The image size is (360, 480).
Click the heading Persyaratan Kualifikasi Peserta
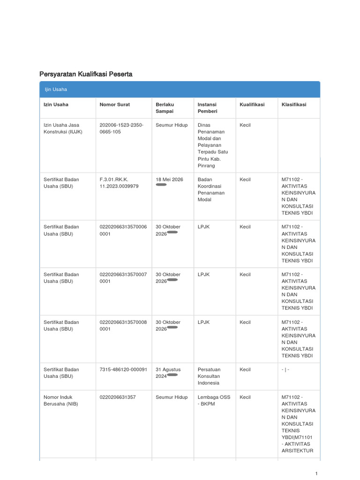pyautogui.click(x=86, y=74)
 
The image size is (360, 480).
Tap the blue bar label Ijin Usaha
pyautogui.click(x=56, y=90)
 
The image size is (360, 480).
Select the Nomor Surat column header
pyautogui.click(x=115, y=105)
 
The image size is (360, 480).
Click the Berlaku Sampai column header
pyautogui.click(x=165, y=108)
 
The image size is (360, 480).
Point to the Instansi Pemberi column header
pyautogui.click(x=207, y=108)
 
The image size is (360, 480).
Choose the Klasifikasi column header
pyautogui.click(x=294, y=105)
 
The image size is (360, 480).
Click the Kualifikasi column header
pyautogui.click(x=252, y=105)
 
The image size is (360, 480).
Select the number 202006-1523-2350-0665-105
pyautogui.click(x=121, y=128)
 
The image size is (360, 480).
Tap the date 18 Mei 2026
pyautogui.click(x=169, y=180)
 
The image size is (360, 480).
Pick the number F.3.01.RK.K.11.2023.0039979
pyautogui.click(x=119, y=183)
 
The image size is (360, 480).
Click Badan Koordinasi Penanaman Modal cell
pyautogui.click(x=211, y=189)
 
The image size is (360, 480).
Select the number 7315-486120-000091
pyautogui.click(x=123, y=369)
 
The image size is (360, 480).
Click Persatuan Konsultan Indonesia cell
pyautogui.click(x=209, y=376)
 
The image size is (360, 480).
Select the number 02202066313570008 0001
pyautogui.click(x=123, y=325)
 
